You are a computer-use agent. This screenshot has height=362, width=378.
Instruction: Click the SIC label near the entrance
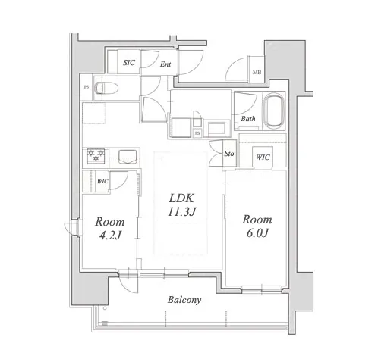129,63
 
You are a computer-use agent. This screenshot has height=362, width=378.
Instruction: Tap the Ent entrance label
165,64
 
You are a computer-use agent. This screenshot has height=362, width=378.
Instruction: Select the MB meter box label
257,73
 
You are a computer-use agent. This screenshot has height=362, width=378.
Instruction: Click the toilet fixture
106,88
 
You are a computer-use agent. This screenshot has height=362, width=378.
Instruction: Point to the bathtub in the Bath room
274,111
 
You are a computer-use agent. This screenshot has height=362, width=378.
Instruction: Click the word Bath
248,119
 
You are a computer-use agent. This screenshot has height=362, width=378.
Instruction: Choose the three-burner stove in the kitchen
96,156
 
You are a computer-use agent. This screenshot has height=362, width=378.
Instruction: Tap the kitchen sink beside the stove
128,157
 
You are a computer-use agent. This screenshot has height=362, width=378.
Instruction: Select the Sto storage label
229,154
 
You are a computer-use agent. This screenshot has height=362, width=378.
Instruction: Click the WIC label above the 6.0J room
263,158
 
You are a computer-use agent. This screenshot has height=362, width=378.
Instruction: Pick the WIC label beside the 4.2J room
102,181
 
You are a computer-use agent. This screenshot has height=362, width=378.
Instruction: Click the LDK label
181,198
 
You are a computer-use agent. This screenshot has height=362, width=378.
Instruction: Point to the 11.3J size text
181,211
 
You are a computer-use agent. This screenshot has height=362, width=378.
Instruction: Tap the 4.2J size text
110,236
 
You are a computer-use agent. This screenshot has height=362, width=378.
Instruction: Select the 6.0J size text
257,233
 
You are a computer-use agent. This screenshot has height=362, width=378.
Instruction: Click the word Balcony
184,300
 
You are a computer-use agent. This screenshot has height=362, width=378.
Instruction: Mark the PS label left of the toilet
87,87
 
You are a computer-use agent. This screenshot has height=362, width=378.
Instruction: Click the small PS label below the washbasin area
197,133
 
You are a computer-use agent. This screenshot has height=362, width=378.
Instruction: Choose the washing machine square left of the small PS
181,128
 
